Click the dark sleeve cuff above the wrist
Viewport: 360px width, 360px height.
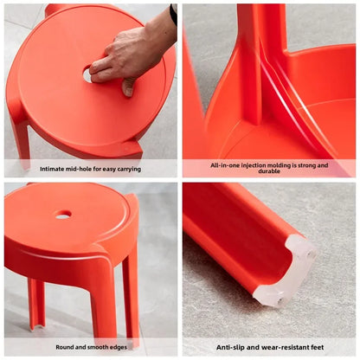coord(174,13)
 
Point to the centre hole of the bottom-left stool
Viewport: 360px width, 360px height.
coord(62,215)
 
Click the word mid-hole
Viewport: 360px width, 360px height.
coord(84,168)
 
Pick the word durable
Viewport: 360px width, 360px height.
coord(270,171)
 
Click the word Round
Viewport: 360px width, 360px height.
coord(64,347)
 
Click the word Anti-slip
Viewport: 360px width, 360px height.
coord(232,347)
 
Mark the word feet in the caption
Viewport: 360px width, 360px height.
coord(316,347)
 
